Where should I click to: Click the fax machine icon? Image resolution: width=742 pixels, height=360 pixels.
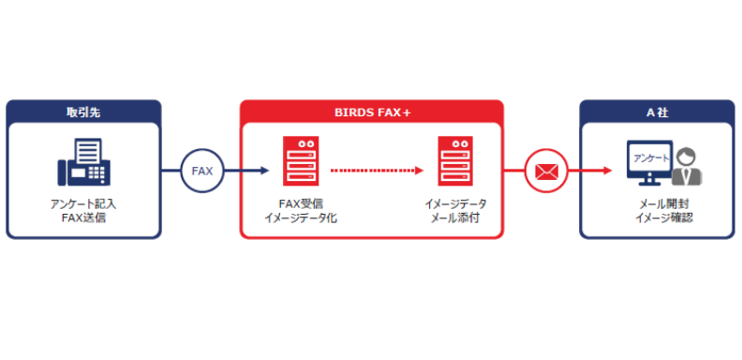(x=82, y=163)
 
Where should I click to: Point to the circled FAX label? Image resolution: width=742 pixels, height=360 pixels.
(x=201, y=172)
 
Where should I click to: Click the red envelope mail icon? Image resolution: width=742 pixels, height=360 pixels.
(x=545, y=172)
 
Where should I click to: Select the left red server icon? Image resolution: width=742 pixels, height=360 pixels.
(x=301, y=161)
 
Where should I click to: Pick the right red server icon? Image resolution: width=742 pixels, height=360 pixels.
(x=454, y=161)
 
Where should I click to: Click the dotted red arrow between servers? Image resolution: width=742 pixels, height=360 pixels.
(x=376, y=172)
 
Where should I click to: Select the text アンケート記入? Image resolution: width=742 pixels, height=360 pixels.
(x=82, y=203)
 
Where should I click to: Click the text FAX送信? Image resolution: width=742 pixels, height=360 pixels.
(x=82, y=218)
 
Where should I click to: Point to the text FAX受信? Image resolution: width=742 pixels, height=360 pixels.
(x=301, y=203)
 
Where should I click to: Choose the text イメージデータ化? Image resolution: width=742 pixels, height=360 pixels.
(x=301, y=218)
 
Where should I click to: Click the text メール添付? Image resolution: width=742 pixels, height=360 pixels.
(x=454, y=218)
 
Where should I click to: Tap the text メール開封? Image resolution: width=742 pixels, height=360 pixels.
(x=657, y=203)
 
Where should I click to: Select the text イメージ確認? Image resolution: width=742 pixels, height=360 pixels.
(x=657, y=218)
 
